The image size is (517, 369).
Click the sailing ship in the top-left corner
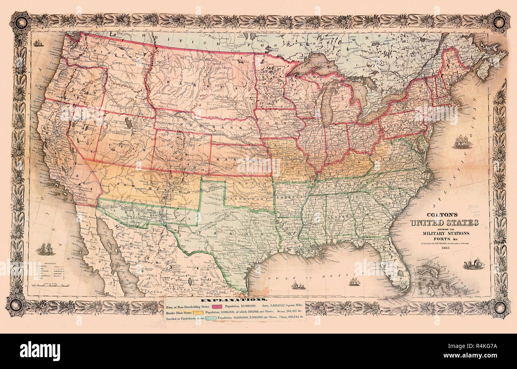point(39,42)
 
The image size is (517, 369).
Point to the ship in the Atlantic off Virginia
point(462,142)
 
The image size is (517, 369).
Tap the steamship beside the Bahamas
point(474,264)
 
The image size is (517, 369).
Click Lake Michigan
point(327,103)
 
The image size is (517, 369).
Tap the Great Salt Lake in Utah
point(130,123)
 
